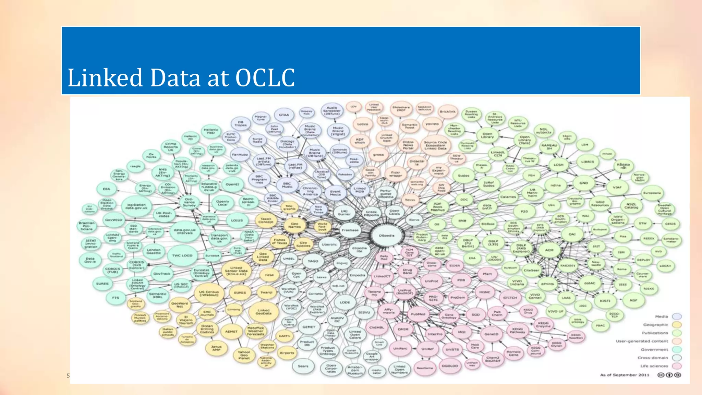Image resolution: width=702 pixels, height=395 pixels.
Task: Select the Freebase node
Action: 350,230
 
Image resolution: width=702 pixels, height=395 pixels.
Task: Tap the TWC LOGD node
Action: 182,255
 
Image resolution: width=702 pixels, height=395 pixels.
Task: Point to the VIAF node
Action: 617,188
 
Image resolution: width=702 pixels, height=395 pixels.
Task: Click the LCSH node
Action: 558,165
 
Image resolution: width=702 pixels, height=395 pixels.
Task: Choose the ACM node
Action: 549,250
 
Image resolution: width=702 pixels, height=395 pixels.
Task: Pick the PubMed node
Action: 418,314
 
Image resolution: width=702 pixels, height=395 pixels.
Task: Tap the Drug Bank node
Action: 407,272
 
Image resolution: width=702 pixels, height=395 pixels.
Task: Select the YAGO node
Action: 313,261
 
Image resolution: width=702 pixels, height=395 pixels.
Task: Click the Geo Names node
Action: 294,225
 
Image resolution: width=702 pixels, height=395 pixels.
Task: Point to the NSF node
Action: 633,300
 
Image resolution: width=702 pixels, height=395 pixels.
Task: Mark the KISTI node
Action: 605,301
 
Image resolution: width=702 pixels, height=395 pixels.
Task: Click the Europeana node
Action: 652,193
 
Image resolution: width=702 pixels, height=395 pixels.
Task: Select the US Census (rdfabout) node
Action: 209,293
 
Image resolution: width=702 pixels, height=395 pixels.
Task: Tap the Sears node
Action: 303,366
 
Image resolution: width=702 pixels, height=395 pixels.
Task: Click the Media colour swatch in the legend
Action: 677,316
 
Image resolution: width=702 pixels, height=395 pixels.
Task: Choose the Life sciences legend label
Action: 654,366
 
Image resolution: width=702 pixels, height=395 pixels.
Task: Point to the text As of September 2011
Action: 625,375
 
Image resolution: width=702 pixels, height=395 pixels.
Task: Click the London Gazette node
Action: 154,251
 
